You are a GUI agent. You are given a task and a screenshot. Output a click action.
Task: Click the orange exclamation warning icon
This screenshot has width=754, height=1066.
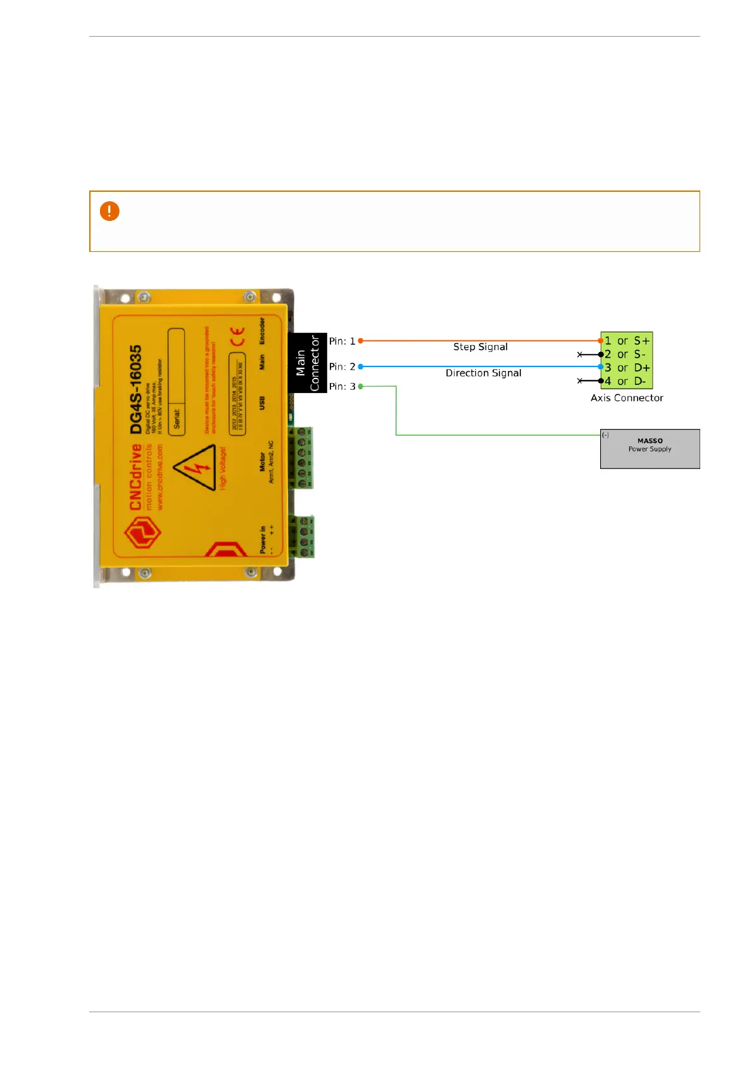point(110,211)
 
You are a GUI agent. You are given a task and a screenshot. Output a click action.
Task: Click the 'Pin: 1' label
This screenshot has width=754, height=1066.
point(342,341)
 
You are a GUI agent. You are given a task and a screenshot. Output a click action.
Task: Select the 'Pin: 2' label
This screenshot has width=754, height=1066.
point(342,367)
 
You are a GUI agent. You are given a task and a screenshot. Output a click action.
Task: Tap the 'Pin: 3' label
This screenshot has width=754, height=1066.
point(342,386)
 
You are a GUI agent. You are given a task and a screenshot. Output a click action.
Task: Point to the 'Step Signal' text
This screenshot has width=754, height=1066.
point(480,347)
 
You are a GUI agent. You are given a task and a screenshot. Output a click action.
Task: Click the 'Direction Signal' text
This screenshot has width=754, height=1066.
point(483,373)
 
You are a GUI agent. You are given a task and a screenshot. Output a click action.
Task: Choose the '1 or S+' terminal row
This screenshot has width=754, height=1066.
point(626,341)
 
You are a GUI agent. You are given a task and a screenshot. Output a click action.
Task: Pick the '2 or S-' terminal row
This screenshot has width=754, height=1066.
point(626,354)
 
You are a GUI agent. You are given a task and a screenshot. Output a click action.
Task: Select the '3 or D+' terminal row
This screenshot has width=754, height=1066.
point(626,368)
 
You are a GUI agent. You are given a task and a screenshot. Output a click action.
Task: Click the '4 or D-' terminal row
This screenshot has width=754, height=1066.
point(626,381)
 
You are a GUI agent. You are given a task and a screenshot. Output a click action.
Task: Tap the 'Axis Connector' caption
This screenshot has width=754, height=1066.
point(627,398)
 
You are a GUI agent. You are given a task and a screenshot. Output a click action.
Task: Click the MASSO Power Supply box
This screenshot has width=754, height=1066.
point(650,449)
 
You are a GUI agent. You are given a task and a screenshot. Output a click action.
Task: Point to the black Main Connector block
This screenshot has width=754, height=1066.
point(308,363)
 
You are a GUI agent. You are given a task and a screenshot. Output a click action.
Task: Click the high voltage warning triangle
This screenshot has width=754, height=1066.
point(197,468)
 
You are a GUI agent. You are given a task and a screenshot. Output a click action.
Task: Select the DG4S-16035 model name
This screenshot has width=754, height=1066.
point(136,389)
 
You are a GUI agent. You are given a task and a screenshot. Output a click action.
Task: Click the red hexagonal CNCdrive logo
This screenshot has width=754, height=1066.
point(142,532)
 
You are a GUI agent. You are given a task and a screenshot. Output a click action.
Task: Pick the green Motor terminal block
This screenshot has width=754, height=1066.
point(301,457)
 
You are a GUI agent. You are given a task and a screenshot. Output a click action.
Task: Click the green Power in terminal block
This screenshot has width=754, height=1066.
point(303,536)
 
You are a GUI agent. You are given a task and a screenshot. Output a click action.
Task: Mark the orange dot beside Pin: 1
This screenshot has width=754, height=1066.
point(361,341)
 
